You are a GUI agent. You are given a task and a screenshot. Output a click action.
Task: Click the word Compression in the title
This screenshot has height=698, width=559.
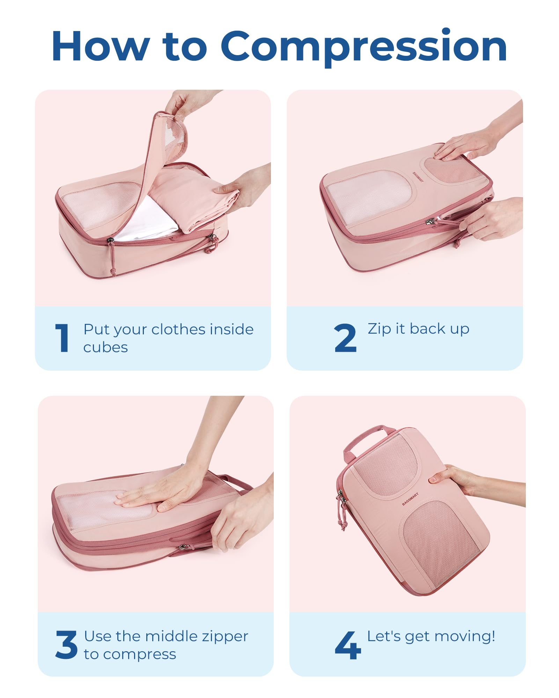pos(363,47)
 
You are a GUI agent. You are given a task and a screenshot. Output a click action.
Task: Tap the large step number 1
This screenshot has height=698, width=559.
pos(62,337)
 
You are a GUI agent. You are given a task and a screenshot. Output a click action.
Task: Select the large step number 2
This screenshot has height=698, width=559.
pos(345,337)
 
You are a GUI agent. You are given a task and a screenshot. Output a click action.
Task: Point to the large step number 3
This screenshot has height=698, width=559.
pos(66,645)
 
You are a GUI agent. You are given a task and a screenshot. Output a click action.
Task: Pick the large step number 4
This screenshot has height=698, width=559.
pos(348,645)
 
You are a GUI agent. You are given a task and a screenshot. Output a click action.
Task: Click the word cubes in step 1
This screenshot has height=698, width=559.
pos(105,348)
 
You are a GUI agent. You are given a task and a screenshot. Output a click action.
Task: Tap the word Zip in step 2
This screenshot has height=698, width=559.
pos(379,329)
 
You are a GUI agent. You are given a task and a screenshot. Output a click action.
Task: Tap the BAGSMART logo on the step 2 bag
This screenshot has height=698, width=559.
pos(418,177)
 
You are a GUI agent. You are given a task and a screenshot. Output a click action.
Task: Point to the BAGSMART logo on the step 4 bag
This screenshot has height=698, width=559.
pos(410,499)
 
